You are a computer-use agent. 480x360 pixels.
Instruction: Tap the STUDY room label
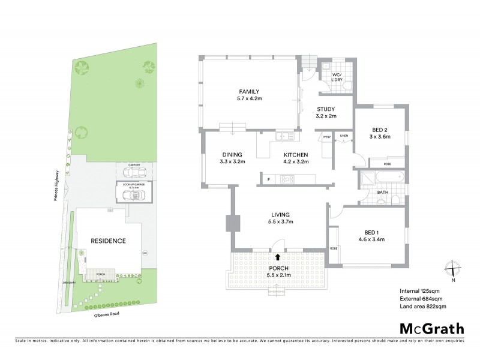(x=327, y=109)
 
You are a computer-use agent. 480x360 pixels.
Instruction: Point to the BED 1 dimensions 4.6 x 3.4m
(x=371, y=239)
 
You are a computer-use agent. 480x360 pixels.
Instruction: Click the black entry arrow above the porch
(x=277, y=256)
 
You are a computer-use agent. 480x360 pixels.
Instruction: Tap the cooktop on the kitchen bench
(x=287, y=178)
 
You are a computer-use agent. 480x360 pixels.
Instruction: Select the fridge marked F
(x=268, y=178)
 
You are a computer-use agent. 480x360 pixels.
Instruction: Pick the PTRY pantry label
(x=327, y=137)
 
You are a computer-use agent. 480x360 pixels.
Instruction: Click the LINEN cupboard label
(x=343, y=136)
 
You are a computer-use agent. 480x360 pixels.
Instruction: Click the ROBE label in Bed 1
(x=333, y=248)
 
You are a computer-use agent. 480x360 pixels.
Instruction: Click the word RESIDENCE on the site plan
(x=108, y=241)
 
